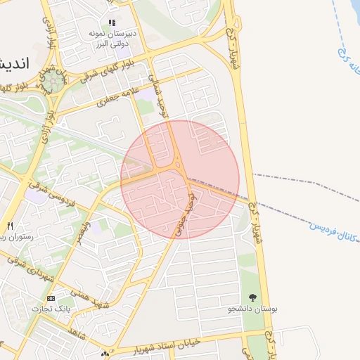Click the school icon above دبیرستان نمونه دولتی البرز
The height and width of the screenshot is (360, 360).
[x=112, y=22]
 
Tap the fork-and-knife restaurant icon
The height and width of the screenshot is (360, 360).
[x=10, y=226]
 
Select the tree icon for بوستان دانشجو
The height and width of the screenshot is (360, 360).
[x=253, y=298]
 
